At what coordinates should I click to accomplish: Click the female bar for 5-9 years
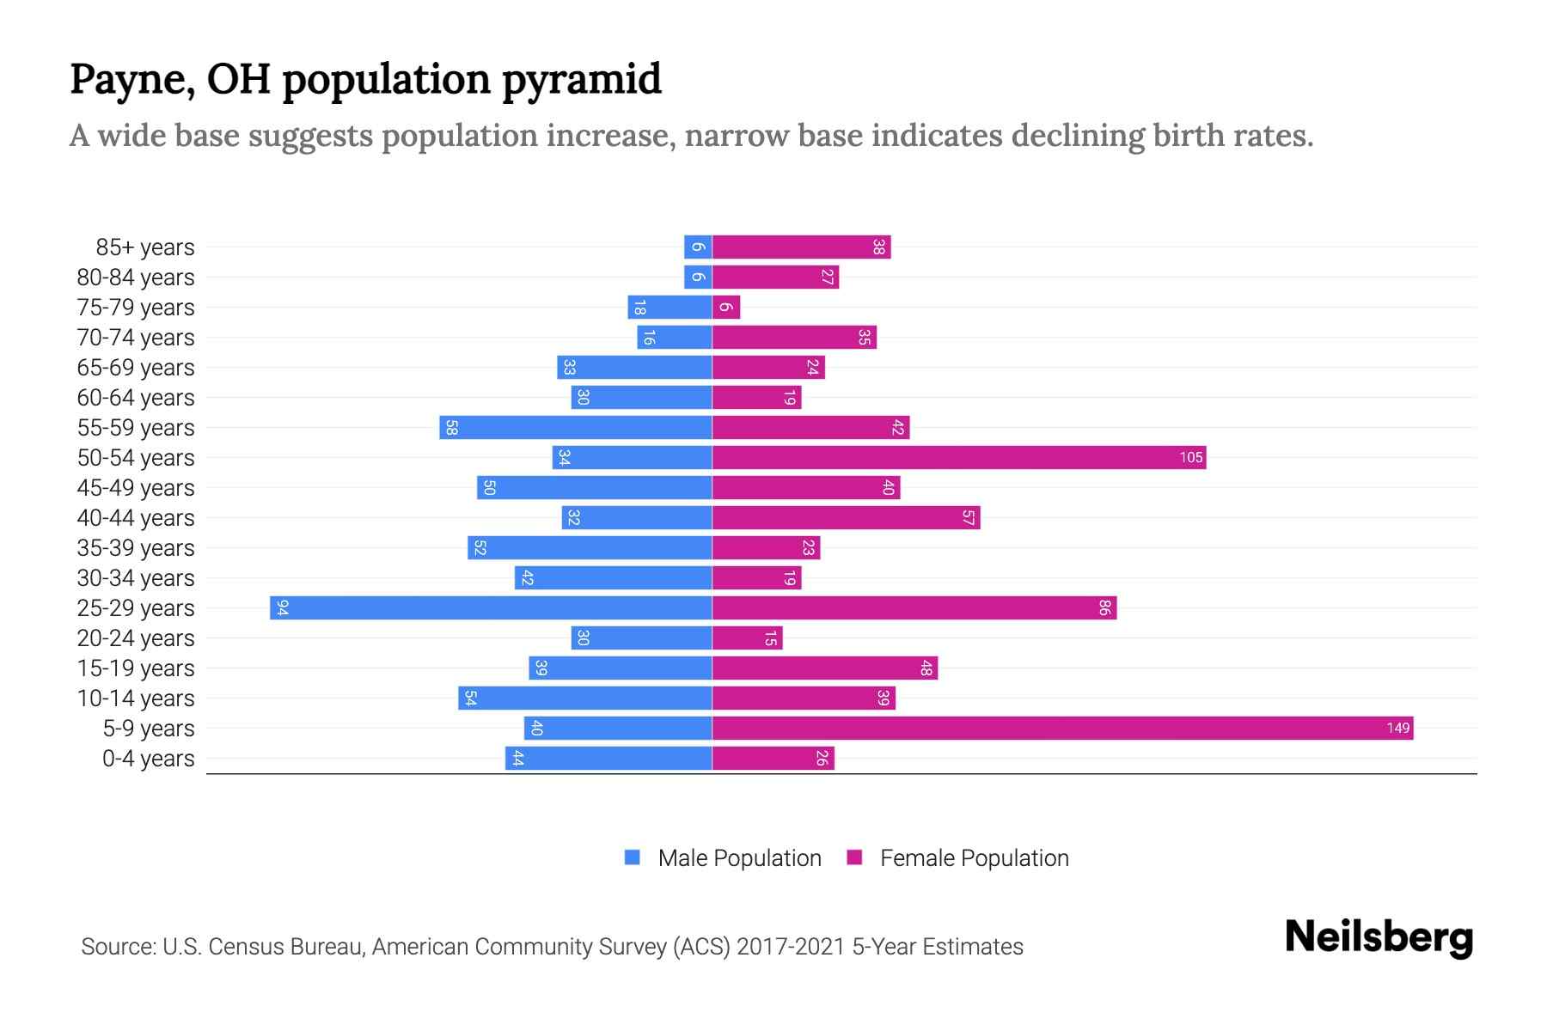point(1062,729)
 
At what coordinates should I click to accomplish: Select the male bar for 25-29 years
point(491,608)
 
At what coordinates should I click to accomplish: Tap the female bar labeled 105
point(958,458)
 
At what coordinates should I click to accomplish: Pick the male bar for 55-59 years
point(576,428)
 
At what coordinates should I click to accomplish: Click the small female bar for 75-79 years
point(726,308)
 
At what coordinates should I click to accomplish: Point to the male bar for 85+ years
point(698,247)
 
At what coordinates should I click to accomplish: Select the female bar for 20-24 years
point(747,638)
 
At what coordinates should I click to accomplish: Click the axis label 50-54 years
point(136,458)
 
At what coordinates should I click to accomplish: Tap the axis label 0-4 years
point(148,759)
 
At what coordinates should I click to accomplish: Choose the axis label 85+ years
point(145,247)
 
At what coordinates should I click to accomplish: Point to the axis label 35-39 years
point(136,548)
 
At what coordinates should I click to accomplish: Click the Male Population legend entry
point(738,858)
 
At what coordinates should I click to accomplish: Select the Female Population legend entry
point(974,858)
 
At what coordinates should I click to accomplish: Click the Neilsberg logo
point(1379,937)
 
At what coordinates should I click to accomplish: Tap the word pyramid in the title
point(581,79)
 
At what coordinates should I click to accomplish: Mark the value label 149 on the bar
point(1397,729)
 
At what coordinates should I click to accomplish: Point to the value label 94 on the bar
point(282,608)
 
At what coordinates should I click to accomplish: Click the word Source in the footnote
point(117,947)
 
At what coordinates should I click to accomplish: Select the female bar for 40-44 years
point(846,518)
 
